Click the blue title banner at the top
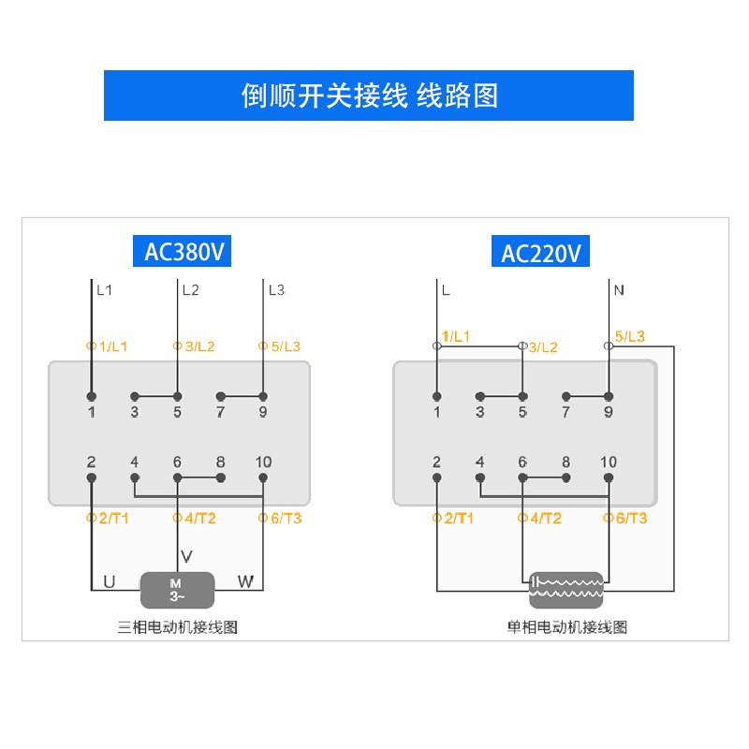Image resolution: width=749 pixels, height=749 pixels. point(369,95)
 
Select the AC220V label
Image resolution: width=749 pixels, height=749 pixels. point(541,254)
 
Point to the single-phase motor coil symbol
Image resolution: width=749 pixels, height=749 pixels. point(567,587)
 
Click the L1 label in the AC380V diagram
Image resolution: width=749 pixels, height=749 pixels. point(104,290)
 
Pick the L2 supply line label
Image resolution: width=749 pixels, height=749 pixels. point(190,290)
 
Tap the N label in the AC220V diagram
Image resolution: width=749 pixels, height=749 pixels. point(619,290)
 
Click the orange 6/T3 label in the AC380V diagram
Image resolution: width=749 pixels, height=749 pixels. point(284,519)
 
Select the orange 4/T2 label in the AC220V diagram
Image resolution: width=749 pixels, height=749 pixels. point(545,519)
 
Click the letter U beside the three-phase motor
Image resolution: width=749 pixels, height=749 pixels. point(109,582)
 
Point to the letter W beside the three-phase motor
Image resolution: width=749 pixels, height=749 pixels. point(245,582)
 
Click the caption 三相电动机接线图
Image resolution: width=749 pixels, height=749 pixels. point(178,627)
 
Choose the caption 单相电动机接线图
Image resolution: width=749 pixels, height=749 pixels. point(567,627)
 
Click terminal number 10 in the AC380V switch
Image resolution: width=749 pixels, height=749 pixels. point(263,463)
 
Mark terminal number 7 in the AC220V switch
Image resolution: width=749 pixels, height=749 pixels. point(565,412)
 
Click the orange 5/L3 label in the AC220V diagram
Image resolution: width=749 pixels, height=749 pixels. point(629,337)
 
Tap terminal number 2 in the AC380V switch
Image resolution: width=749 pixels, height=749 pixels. point(91,463)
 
